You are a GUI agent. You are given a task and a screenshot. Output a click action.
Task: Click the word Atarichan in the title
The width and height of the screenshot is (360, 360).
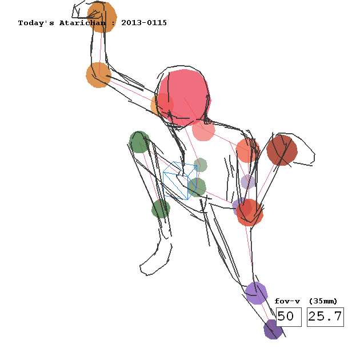pyautogui.click(x=82, y=23)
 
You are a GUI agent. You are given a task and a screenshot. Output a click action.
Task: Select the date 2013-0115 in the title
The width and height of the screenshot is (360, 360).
pyautogui.click(x=144, y=23)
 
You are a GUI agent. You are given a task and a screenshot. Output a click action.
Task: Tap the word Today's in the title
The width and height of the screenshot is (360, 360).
pyautogui.click(x=36, y=23)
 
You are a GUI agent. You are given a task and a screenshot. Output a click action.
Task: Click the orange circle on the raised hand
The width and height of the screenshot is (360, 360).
pyautogui.click(x=102, y=17)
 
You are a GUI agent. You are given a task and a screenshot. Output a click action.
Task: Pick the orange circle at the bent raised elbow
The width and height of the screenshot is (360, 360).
pyautogui.click(x=99, y=75)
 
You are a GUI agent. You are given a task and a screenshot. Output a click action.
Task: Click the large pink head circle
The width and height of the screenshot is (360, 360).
pyautogui.click(x=184, y=98)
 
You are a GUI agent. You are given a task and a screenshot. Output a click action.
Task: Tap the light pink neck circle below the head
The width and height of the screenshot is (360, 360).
pyautogui.click(x=203, y=130)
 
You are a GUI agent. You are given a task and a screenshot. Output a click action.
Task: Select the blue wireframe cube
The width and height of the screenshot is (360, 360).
pyautogui.click(x=180, y=181)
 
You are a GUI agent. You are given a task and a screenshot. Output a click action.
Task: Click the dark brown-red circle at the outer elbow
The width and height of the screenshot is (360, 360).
pyautogui.click(x=282, y=150)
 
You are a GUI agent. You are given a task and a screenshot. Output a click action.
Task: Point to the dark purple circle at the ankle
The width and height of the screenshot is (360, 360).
pyautogui.click(x=273, y=329)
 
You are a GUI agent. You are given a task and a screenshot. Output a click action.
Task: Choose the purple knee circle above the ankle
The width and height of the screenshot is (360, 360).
pyautogui.click(x=257, y=293)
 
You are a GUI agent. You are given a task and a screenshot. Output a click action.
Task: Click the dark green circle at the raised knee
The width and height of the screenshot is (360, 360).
pyautogui.click(x=139, y=142)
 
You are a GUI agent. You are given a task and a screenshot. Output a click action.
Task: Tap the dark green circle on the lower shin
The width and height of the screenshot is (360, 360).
pyautogui.click(x=161, y=209)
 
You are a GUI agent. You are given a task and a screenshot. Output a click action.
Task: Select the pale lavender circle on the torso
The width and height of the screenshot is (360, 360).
pyautogui.click(x=248, y=181)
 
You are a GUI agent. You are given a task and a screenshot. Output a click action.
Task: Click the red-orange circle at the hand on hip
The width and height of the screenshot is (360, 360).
pyautogui.click(x=250, y=213)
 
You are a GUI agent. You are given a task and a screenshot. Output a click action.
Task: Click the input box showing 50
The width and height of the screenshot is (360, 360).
pyautogui.click(x=289, y=317)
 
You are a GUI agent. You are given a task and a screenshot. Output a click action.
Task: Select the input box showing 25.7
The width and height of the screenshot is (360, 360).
pyautogui.click(x=325, y=317)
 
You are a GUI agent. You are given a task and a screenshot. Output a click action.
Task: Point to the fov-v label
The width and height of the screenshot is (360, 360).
pyautogui.click(x=287, y=301)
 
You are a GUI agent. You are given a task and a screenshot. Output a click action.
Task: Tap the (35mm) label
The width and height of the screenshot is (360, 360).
pyautogui.click(x=323, y=301)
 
